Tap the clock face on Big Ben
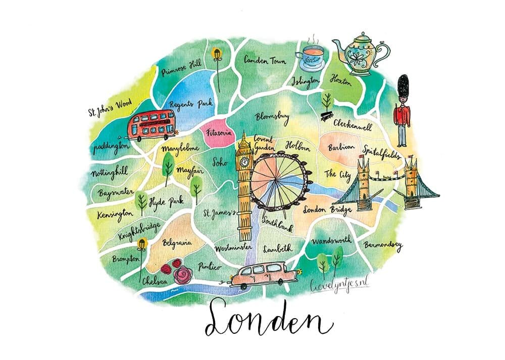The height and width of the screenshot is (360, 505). click(x=245, y=163)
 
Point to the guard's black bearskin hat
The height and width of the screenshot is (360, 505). click(x=403, y=88)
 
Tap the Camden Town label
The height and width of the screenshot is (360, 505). click(x=265, y=61)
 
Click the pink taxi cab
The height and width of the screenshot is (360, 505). click(x=263, y=275)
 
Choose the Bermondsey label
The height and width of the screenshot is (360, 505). click(x=382, y=246)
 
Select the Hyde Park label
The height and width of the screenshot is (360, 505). click(x=166, y=202)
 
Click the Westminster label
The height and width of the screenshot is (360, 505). click(x=233, y=248)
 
